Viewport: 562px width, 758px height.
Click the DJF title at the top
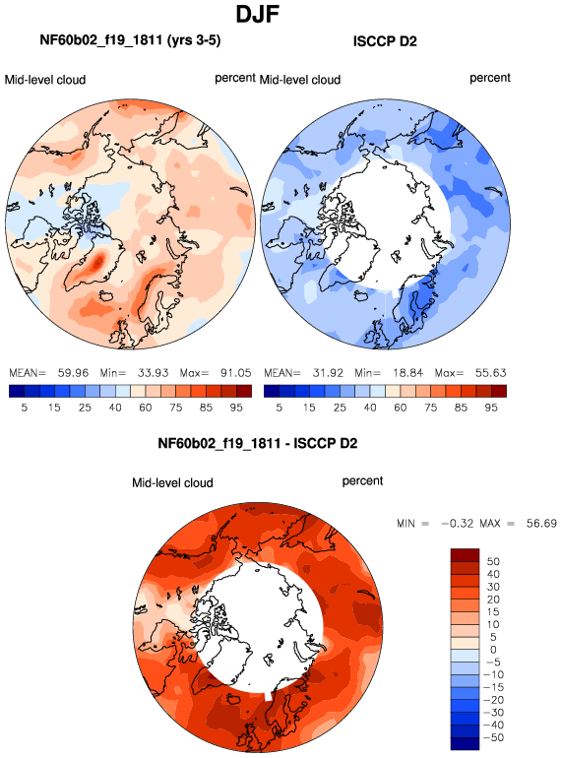point(257,14)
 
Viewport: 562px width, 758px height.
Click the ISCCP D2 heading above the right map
point(385,41)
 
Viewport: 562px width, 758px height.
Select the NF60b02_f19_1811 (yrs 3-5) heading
point(130,39)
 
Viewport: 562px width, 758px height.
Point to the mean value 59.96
point(73,373)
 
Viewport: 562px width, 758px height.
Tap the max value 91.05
point(236,373)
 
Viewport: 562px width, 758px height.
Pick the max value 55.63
point(490,373)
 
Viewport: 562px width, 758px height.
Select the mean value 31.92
point(328,373)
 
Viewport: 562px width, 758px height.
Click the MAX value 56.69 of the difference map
point(541,523)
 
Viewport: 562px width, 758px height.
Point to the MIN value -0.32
point(457,523)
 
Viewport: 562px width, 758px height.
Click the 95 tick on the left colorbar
point(236,408)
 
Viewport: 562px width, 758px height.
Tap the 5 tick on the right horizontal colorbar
point(279,408)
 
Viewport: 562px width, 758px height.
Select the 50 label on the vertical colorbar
point(493,561)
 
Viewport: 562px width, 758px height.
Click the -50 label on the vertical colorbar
point(493,737)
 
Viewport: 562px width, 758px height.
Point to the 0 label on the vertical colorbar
point(493,650)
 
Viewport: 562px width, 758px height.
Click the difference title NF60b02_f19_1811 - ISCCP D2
point(258,443)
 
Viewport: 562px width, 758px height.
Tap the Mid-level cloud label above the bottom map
point(172,483)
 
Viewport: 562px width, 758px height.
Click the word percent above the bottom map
point(362,481)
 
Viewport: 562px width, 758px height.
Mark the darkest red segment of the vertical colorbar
point(465,555)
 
